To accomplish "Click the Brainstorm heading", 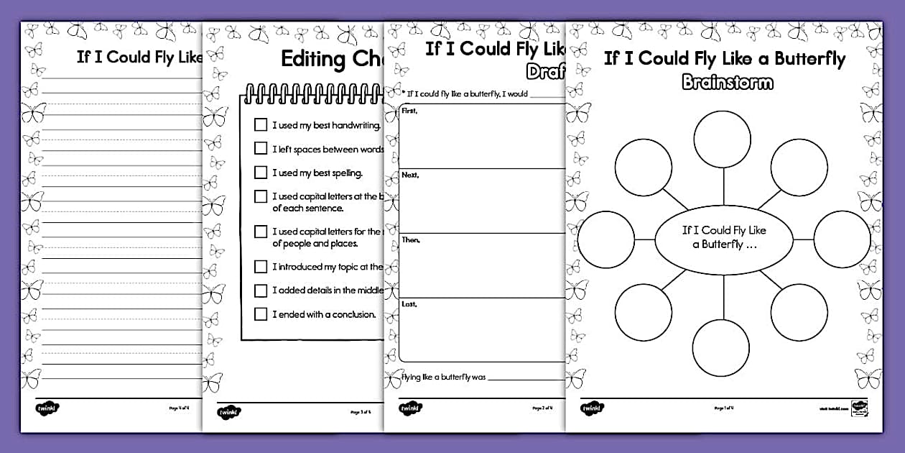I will (x=727, y=82).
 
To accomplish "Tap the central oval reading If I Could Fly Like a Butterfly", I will (x=723, y=237).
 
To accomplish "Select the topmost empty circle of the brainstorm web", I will (x=722, y=139).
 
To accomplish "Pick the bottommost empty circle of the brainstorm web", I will (x=721, y=347).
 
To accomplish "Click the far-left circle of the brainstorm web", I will (x=606, y=239).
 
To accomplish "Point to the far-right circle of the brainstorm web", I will (x=842, y=239).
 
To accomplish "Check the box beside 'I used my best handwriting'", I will (x=261, y=124).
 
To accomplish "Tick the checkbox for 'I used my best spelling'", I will (x=261, y=173).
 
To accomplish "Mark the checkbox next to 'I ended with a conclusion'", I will (x=261, y=314).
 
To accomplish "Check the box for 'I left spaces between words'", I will (x=261, y=148).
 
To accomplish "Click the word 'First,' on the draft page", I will (x=410, y=111).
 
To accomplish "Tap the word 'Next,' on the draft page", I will (x=410, y=175).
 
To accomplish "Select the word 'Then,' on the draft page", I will (x=411, y=239).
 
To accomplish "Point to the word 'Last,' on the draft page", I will (x=409, y=304).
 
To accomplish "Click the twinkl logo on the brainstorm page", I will (x=592, y=408).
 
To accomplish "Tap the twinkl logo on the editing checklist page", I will (x=228, y=413).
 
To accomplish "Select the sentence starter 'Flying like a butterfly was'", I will (x=444, y=377).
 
